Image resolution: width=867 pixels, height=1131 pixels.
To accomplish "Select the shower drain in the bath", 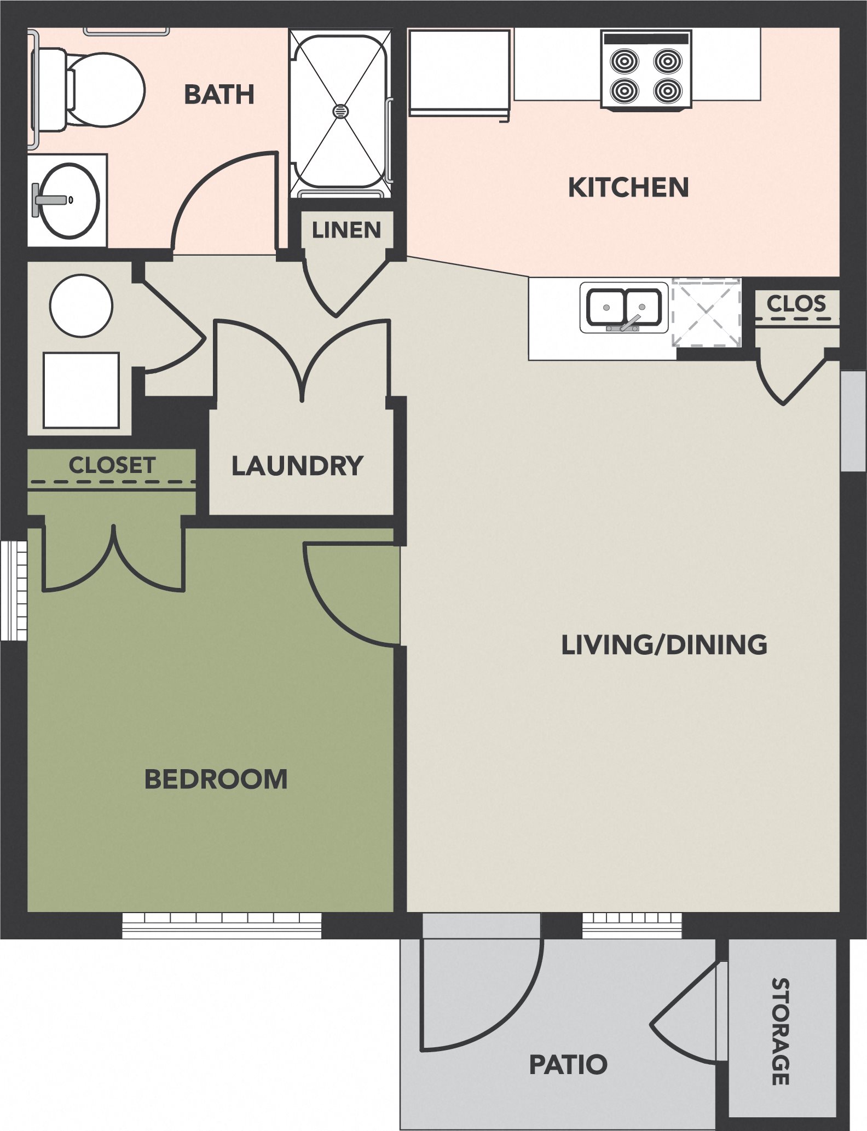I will [340, 111].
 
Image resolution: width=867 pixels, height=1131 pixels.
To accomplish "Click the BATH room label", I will [219, 95].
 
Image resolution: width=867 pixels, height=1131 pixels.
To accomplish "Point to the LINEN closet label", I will [346, 230].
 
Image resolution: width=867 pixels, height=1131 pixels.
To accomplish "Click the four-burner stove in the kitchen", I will [646, 74].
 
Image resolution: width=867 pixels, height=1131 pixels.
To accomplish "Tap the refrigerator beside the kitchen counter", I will [459, 71].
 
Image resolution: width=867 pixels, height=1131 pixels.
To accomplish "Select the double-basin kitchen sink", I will [624, 308].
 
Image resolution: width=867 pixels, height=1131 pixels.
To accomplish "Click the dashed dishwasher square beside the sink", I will [706, 312].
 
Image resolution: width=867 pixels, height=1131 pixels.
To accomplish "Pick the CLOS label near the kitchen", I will [795, 303].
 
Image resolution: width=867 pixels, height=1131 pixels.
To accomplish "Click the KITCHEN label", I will [628, 188].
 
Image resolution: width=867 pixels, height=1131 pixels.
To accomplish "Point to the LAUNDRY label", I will [297, 466].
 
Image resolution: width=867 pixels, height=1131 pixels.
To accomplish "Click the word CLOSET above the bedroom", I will [112, 465].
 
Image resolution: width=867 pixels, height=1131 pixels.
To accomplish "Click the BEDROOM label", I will [216, 779].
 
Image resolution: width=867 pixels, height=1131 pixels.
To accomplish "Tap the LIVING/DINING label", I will [664, 644].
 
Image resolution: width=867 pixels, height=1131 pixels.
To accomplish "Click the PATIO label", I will [568, 1064].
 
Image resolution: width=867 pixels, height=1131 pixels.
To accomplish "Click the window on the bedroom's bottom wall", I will [221, 925].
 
